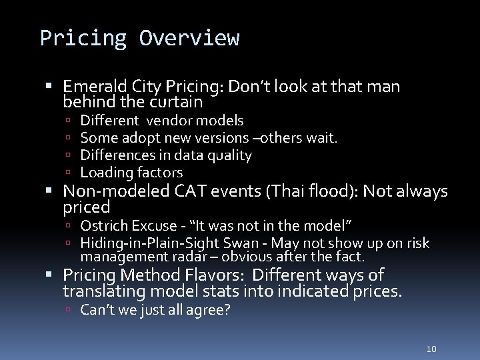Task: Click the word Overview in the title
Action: point(189,38)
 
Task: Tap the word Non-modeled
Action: point(117,192)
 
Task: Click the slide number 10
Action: point(431,349)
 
